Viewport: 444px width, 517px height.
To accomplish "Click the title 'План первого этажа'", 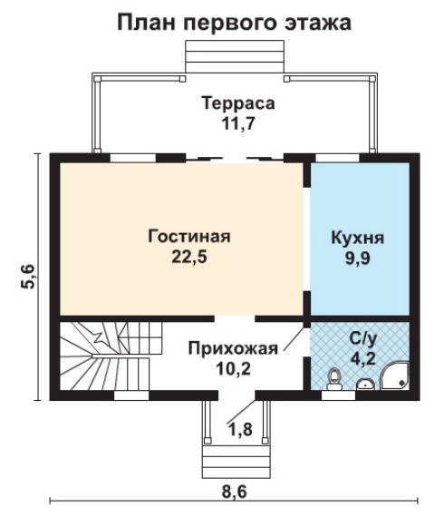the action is coord(234,23).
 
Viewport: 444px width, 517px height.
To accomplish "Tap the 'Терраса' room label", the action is coord(238,102).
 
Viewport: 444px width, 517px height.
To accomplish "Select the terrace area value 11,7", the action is coord(238,123).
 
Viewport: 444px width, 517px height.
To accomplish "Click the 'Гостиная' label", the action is coord(189,236).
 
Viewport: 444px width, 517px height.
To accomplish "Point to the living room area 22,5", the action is coord(189,257).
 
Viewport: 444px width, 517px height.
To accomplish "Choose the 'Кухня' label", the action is coord(357,238).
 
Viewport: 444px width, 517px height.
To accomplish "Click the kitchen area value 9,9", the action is coord(357,258).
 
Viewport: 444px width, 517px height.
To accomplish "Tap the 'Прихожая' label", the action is coord(233,348).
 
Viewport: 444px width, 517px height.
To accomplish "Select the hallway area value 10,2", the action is coord(233,368).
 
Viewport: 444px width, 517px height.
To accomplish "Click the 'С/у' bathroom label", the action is coord(363,338).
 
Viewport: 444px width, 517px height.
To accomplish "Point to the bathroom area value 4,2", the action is coord(363,358).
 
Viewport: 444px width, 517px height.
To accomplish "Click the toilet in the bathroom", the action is coord(334,379).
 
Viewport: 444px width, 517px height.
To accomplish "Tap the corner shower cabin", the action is coord(395,376).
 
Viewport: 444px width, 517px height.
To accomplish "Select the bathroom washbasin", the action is coord(365,385).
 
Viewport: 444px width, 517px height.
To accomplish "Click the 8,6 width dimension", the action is coord(234,492).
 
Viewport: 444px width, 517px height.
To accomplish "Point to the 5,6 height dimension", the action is coord(28,277).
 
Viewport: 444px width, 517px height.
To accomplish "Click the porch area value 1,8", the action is coord(240,429).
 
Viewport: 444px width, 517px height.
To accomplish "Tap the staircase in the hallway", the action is coord(111,356).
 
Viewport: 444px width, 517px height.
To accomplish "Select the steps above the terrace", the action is coord(235,56).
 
